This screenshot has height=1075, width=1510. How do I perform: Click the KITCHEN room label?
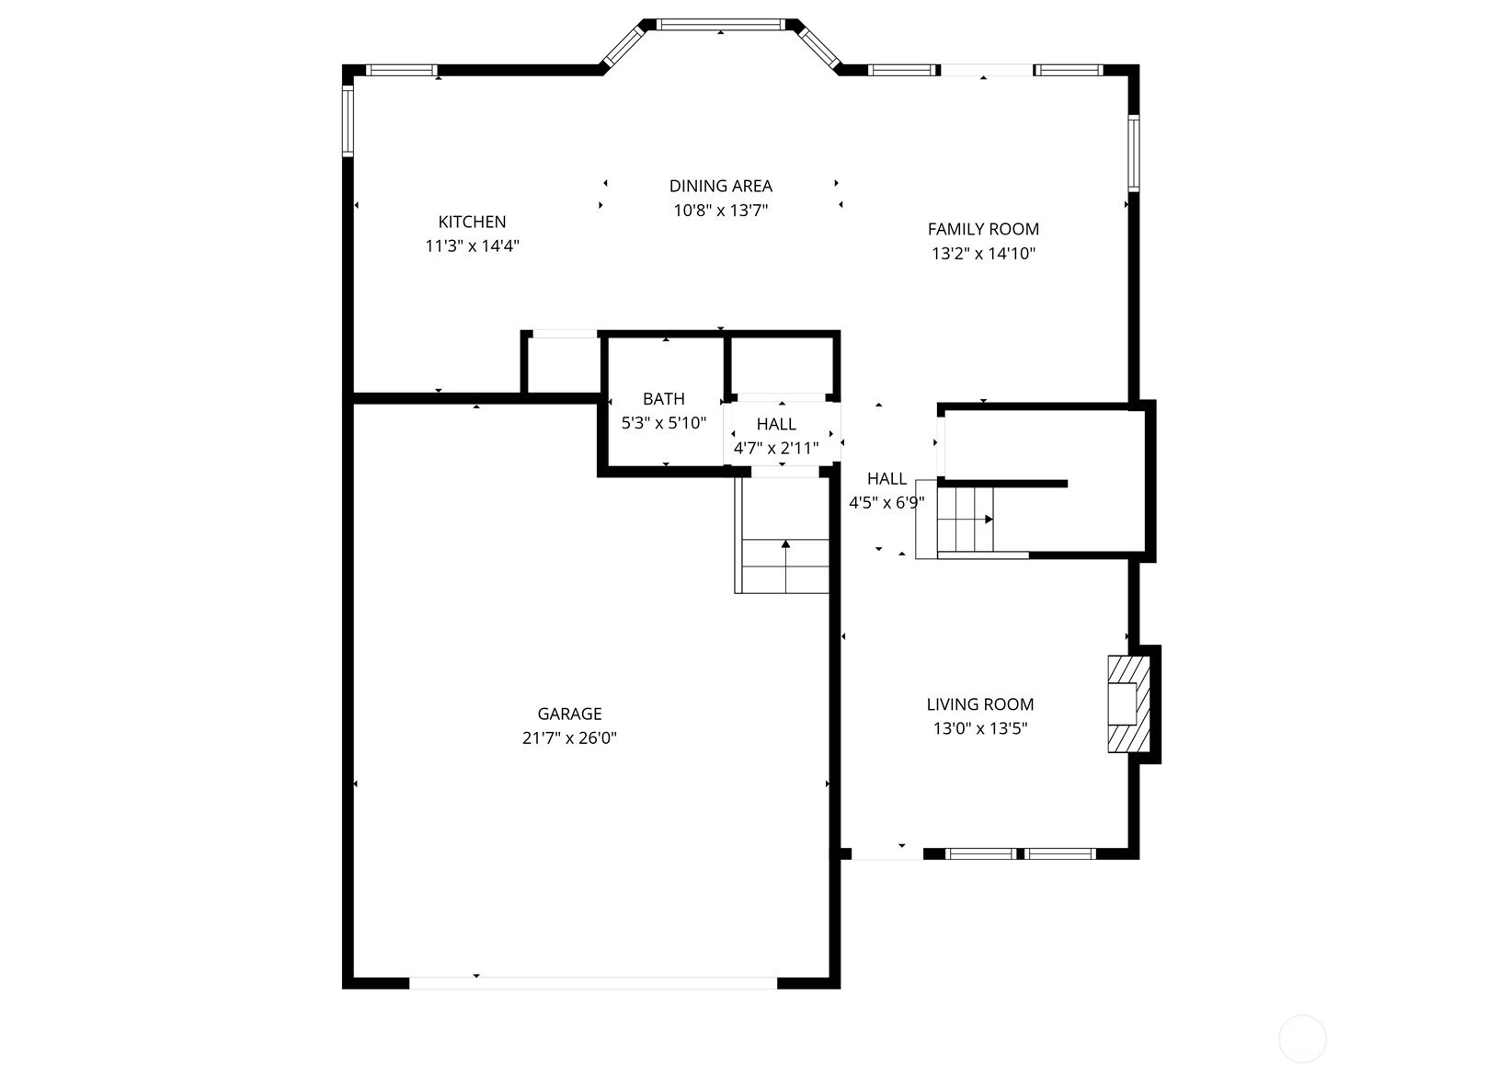pos(472,222)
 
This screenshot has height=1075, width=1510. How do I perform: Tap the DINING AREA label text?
pos(721,186)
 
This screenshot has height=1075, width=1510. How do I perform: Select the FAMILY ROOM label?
pos(983,229)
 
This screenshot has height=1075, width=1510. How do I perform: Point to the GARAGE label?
pos(569,714)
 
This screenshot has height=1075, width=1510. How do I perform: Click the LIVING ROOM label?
pos(980,704)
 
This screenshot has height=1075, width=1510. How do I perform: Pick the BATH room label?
pos(663,399)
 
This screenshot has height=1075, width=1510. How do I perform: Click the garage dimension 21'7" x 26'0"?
pos(569,738)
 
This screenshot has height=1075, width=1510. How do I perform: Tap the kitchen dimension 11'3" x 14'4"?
pos(472,246)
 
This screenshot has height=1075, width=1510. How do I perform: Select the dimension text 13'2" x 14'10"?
pos(983,254)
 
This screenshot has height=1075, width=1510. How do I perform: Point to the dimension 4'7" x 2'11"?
pos(776,448)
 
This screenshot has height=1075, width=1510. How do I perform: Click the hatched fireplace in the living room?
pos(1128,704)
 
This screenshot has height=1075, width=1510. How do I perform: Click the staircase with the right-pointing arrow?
pos(966,520)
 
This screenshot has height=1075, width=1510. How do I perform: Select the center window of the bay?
pos(721,25)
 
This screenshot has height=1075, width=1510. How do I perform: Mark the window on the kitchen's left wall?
pos(348,121)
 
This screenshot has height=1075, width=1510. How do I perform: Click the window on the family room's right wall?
pos(1134,153)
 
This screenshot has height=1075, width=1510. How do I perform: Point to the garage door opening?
pos(593,983)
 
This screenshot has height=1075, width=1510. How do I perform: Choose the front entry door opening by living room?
pos(887,854)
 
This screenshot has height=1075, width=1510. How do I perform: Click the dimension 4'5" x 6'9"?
pos(887,503)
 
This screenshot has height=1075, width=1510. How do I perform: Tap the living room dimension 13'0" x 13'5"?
pos(980,728)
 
